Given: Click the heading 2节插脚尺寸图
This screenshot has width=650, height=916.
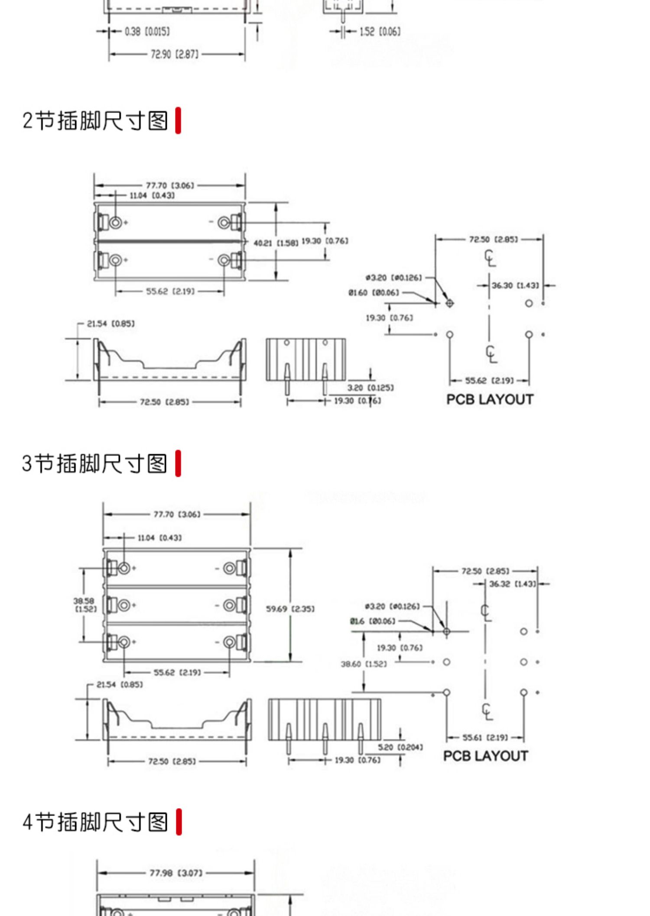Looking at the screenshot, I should pos(95,120).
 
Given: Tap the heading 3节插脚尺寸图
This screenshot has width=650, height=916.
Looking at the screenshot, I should pos(94,463).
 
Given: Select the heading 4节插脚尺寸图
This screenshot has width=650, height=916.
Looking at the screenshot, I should pos(95,822).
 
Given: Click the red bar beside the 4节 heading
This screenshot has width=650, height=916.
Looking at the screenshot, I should pos(179,822).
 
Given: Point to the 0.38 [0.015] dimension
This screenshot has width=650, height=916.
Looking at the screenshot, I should pos(147,32).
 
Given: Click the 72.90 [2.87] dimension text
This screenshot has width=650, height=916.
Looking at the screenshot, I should pos(175,55).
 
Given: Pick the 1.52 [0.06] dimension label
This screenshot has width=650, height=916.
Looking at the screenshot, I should pos(380,32).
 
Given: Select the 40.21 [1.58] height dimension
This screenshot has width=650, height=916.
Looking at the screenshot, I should pos(276,243).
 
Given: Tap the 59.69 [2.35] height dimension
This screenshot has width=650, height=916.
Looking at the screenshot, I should pos(290,609).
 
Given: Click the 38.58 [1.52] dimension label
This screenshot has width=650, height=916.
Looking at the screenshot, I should pos(85,605).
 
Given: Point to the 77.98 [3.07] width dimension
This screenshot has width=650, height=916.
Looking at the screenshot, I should pos(176,873).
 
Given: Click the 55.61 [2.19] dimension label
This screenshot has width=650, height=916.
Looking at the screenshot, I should pos(484,738).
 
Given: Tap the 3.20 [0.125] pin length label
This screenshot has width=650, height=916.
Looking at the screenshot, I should pos(370,388).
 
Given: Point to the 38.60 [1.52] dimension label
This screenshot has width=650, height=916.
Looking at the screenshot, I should pos(364,664).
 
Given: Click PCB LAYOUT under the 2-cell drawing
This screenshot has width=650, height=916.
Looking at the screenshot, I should pos(490,399).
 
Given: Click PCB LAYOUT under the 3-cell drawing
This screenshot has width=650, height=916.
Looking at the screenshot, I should pos(485,756).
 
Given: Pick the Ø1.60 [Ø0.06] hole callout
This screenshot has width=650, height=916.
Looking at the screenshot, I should pos(374,293).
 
